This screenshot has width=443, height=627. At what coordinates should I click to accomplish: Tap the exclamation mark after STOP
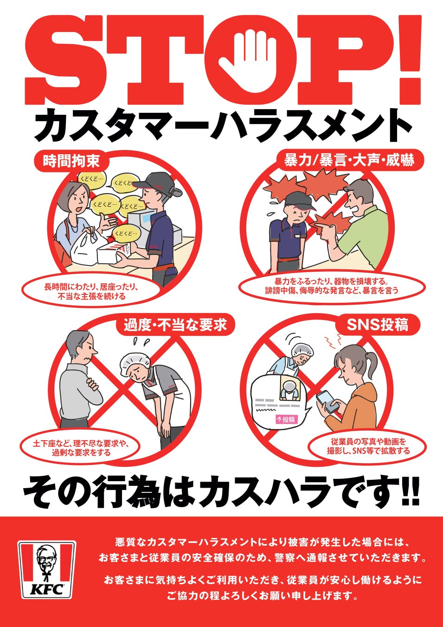(408, 56)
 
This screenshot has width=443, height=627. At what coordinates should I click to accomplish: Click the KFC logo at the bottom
(46, 569)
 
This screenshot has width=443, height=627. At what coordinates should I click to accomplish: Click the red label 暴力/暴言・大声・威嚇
(349, 161)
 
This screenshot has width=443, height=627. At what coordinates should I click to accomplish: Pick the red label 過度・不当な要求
(175, 325)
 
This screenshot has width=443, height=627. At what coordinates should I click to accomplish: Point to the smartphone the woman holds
(328, 402)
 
